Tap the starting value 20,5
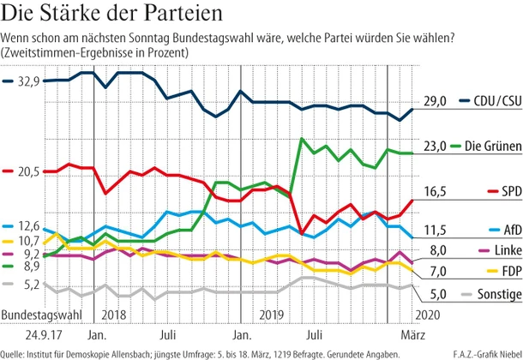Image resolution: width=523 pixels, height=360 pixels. [29, 172]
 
